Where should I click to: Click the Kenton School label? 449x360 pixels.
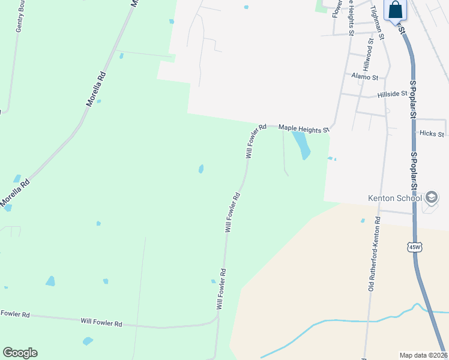(x=394, y=198)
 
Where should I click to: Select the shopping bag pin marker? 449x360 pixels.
(x=396, y=10)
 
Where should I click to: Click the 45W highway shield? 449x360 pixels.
(x=414, y=247)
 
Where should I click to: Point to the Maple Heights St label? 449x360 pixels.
(x=304, y=128)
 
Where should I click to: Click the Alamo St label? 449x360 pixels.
(x=365, y=77)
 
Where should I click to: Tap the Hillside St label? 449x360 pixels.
(x=393, y=94)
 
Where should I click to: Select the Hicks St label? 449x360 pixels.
(x=432, y=134)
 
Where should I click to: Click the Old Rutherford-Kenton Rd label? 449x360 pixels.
(x=375, y=254)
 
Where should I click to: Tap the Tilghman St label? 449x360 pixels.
(x=378, y=19)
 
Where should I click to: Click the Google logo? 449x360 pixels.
(x=20, y=353)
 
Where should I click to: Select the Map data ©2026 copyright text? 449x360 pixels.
(x=423, y=355)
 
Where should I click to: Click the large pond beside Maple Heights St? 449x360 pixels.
(x=301, y=145)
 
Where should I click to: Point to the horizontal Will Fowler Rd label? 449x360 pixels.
(x=101, y=323)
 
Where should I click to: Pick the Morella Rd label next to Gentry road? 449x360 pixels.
(x=96, y=89)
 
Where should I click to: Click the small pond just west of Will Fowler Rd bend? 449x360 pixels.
(x=201, y=169)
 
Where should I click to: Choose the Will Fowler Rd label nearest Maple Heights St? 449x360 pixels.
(x=256, y=141)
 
